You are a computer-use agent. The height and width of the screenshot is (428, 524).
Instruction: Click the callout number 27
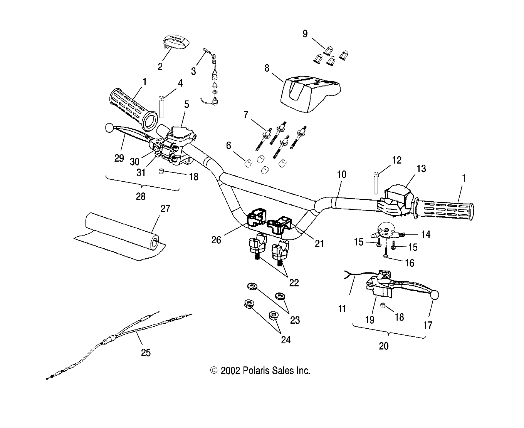coord(165,209)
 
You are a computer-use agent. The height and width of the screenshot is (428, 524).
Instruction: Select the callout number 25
coord(146,352)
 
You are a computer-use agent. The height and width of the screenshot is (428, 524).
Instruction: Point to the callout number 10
coord(341,174)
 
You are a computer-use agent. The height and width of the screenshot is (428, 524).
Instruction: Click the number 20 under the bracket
coord(384,346)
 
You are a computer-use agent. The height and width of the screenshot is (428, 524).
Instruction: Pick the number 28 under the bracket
coord(141,196)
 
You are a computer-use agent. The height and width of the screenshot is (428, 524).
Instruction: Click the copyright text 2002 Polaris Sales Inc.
coord(260,371)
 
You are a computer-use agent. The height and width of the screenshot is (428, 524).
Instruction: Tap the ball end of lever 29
coord(109,127)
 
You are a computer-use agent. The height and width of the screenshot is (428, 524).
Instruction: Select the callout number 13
coord(422,169)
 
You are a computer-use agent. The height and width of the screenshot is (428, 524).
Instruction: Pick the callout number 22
coord(294,283)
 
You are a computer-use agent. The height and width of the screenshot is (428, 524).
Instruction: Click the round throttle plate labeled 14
coord(385,230)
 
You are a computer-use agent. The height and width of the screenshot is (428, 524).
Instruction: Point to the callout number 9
coord(305,34)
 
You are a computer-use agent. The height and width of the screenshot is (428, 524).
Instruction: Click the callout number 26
coord(216,239)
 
